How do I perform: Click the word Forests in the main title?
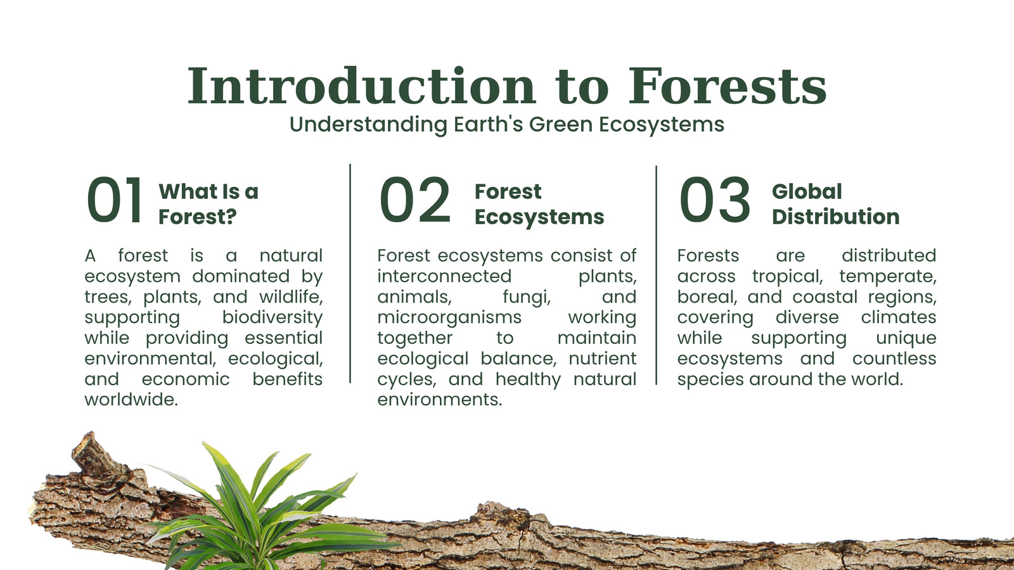coord(728,86)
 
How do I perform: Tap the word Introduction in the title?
coord(361,86)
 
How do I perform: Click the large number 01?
coord(115,200)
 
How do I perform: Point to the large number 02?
coord(415,200)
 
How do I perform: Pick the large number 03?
coord(715,200)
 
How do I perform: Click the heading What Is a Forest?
coord(209,204)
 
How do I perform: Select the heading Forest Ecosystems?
coord(539,204)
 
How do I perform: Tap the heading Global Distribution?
coord(836,204)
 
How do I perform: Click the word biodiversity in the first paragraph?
coord(272,317)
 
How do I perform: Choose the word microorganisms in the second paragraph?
coord(449,317)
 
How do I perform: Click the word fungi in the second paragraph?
coord(527,297)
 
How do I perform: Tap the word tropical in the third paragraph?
coord(787,276)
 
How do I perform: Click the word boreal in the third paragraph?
coord(705,297)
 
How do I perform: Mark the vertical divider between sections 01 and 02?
coord(350,273)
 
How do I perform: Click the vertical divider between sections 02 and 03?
coord(656,275)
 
